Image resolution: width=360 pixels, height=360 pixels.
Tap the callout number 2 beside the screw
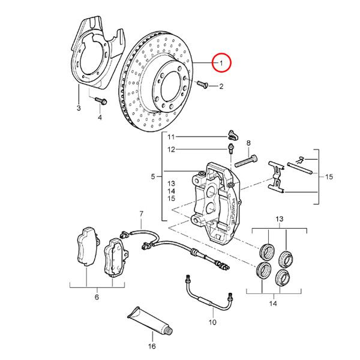(x=221, y=86)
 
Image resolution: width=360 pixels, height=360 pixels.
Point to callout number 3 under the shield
(x=78, y=108)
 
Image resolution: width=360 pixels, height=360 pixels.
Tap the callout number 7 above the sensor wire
(x=142, y=214)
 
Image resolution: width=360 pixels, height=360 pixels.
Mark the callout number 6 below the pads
(x=97, y=296)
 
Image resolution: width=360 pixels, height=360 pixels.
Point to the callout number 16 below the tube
(x=152, y=346)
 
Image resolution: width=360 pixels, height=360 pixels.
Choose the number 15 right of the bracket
(x=329, y=177)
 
